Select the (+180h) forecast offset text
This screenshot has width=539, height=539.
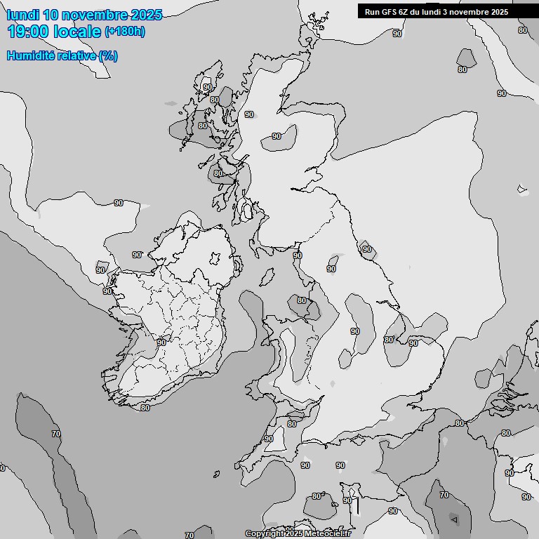tap(125, 32)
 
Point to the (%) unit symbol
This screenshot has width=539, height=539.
tap(108, 55)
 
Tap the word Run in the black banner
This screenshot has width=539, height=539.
tap(372, 12)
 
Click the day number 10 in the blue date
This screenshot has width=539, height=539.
tap(50, 15)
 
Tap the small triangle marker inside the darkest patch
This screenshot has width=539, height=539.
tap(454, 520)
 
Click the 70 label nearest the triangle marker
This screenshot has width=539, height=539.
tap(444, 495)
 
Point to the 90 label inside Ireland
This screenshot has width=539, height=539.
tap(161, 342)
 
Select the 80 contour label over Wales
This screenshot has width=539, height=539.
tap(302, 300)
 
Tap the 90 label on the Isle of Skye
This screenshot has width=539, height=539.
tap(207, 88)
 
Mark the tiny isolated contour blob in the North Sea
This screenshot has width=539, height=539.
tap(521, 188)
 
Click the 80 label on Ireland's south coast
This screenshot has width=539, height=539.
tap(145, 408)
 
